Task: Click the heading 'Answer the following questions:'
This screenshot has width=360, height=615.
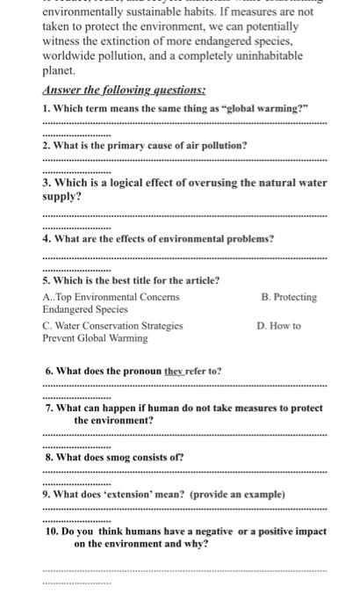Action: [124, 90]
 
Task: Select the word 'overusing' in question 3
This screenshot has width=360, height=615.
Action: [184, 183]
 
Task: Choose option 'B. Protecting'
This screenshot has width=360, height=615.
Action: [289, 297]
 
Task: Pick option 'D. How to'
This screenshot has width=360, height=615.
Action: [278, 325]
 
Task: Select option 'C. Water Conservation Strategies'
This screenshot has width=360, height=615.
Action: [112, 325]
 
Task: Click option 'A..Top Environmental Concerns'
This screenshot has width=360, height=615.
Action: [111, 297]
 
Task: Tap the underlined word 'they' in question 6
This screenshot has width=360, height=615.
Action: [176, 371]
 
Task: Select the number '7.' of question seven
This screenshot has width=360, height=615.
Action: [49, 408]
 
